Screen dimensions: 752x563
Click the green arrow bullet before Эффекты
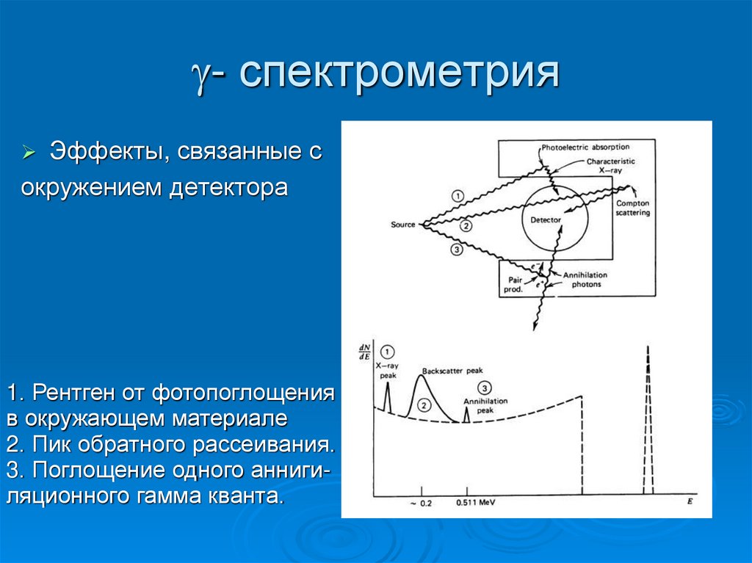(x=29, y=153)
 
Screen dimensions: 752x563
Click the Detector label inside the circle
(x=546, y=219)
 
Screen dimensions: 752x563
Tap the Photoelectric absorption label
(x=585, y=147)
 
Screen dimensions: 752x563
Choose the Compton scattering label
(x=632, y=208)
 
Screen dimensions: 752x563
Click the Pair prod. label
(x=514, y=284)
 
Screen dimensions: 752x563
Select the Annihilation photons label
(x=585, y=280)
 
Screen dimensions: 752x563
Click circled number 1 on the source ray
(x=457, y=196)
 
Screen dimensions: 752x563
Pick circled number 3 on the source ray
(x=456, y=250)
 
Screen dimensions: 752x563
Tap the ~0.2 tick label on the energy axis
(x=422, y=504)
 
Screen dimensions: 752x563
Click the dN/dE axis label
(x=364, y=352)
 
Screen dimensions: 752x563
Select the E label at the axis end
(x=690, y=501)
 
